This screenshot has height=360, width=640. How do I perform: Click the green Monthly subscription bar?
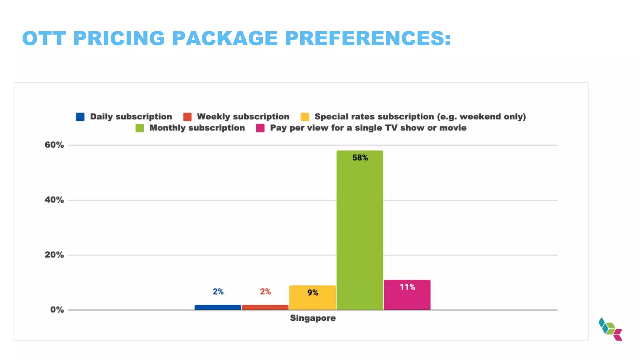(360, 231)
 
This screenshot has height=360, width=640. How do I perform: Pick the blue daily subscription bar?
(218, 307)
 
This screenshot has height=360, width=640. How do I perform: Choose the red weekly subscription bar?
(265, 307)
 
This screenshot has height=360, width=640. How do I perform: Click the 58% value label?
(360, 158)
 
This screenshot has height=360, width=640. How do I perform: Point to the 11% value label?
(407, 287)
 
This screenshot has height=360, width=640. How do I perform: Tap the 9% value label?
(312, 292)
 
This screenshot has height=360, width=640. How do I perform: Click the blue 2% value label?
(218, 292)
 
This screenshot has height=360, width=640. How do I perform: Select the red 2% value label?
(265, 292)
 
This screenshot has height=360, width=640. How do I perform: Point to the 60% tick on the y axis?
(54, 145)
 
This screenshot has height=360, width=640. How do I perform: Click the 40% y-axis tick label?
(54, 200)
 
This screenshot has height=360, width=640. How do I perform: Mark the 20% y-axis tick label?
(54, 255)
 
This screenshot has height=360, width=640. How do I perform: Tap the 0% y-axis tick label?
(57, 310)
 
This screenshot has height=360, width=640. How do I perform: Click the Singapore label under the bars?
(312, 318)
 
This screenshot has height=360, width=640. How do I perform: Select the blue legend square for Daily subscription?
(80, 117)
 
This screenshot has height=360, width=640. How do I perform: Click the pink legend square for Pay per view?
(260, 128)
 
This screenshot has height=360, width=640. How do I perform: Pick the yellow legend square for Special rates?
(305, 117)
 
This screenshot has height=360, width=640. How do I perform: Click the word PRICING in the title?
(119, 38)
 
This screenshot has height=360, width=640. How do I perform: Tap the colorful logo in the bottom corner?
(610, 329)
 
